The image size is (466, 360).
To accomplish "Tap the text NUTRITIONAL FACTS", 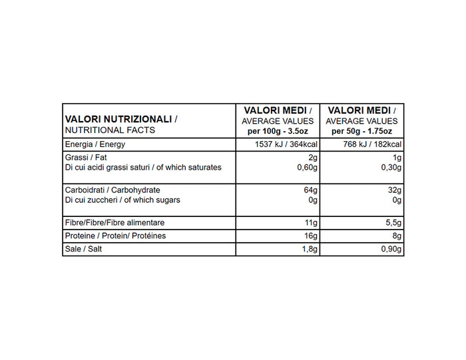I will tap(110, 130).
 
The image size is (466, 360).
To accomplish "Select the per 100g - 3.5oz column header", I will tap(278, 131).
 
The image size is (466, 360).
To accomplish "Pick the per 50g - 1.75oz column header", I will tap(362, 131).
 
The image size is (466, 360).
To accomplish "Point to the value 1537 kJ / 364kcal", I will tap(282, 145).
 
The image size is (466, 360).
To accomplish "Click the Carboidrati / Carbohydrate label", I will tap(113, 190).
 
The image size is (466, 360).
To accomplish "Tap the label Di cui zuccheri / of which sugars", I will tap(122, 200).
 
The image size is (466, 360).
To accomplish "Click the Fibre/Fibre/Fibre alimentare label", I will tap(115, 222).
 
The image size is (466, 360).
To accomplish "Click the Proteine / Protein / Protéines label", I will tap(115, 236).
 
